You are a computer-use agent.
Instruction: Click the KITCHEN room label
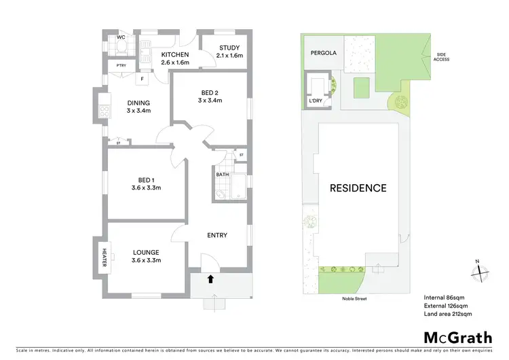[175, 55]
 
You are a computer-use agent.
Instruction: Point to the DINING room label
[138, 103]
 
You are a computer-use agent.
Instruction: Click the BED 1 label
[145, 181]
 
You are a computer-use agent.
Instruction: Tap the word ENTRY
[216, 236]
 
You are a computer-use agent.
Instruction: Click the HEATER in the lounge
[105, 257]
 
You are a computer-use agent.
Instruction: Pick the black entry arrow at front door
[210, 278]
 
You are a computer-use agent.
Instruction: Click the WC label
[121, 37]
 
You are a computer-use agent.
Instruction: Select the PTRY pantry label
[121, 65]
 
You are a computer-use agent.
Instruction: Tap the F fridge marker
[142, 79]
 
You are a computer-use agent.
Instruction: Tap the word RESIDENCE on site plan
[358, 187]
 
